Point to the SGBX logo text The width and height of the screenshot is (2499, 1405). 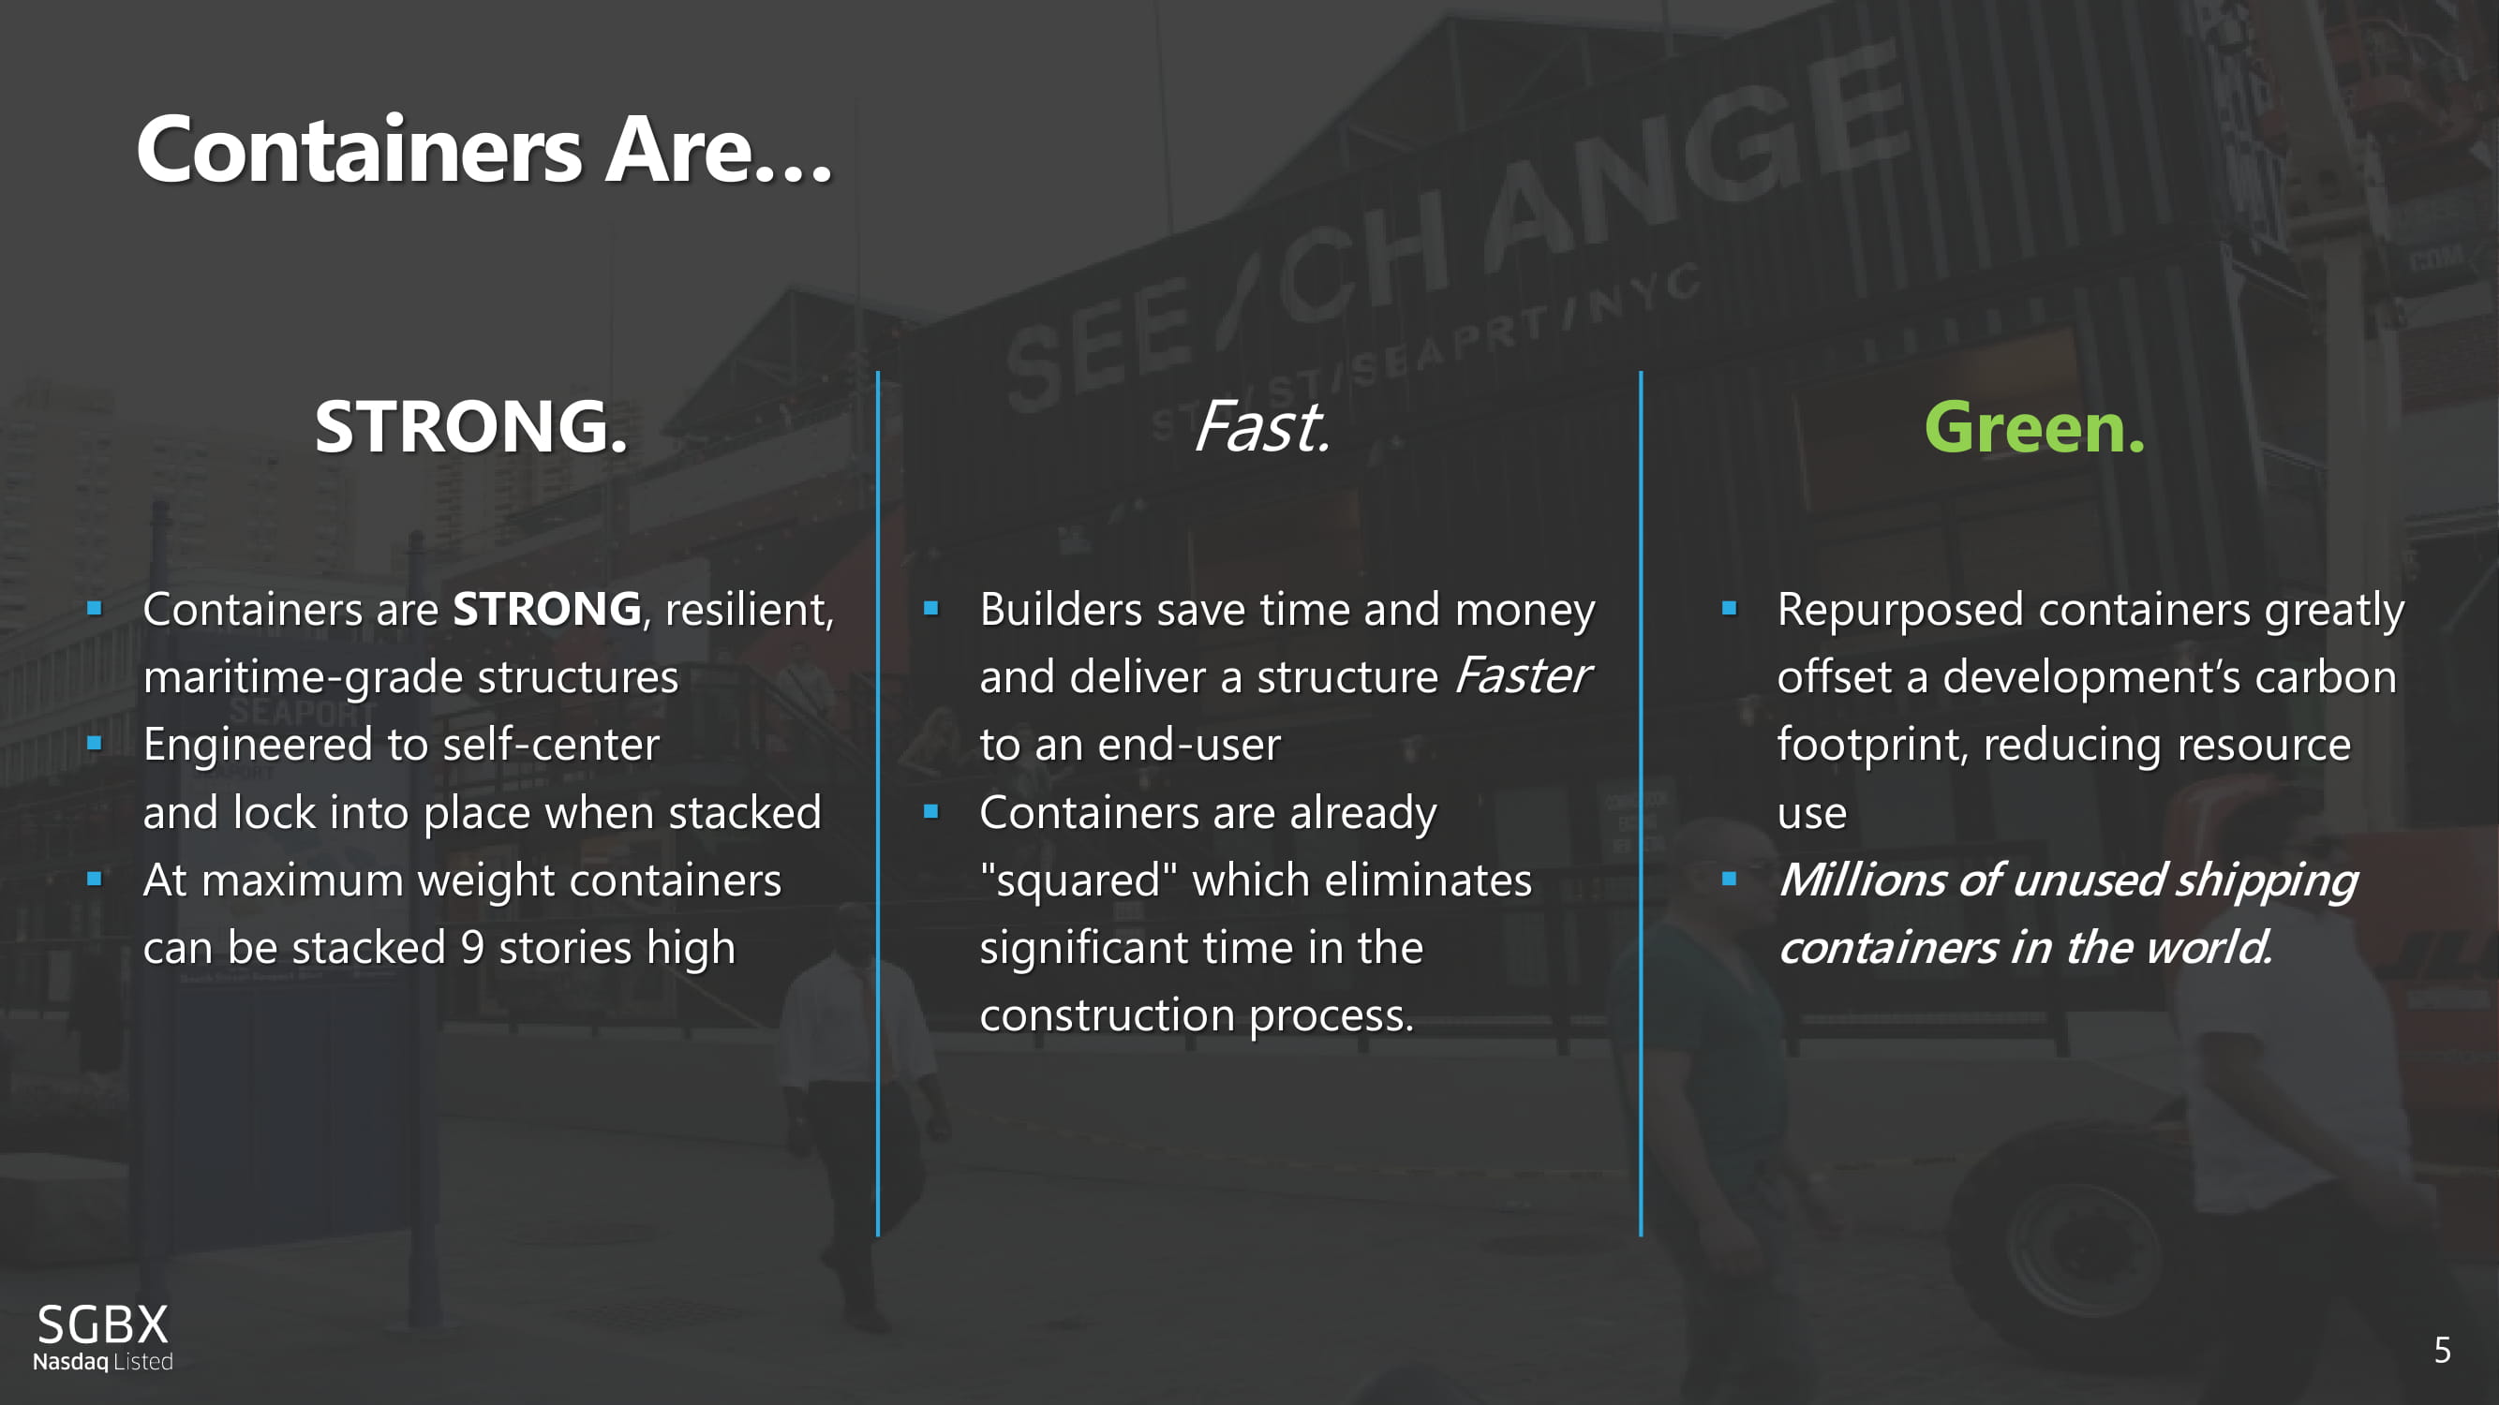coord(103,1324)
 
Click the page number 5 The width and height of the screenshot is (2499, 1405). coord(2442,1350)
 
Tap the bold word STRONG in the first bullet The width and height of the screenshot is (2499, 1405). coord(547,610)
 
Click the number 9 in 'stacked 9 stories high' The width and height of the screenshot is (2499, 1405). coord(472,947)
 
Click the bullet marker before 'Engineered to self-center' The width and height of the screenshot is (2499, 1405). coord(94,744)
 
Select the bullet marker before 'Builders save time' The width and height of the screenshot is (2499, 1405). coord(931,609)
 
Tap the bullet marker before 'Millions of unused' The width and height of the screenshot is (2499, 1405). coord(1729,880)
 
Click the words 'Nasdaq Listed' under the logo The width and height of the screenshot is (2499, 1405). coord(103,1361)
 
